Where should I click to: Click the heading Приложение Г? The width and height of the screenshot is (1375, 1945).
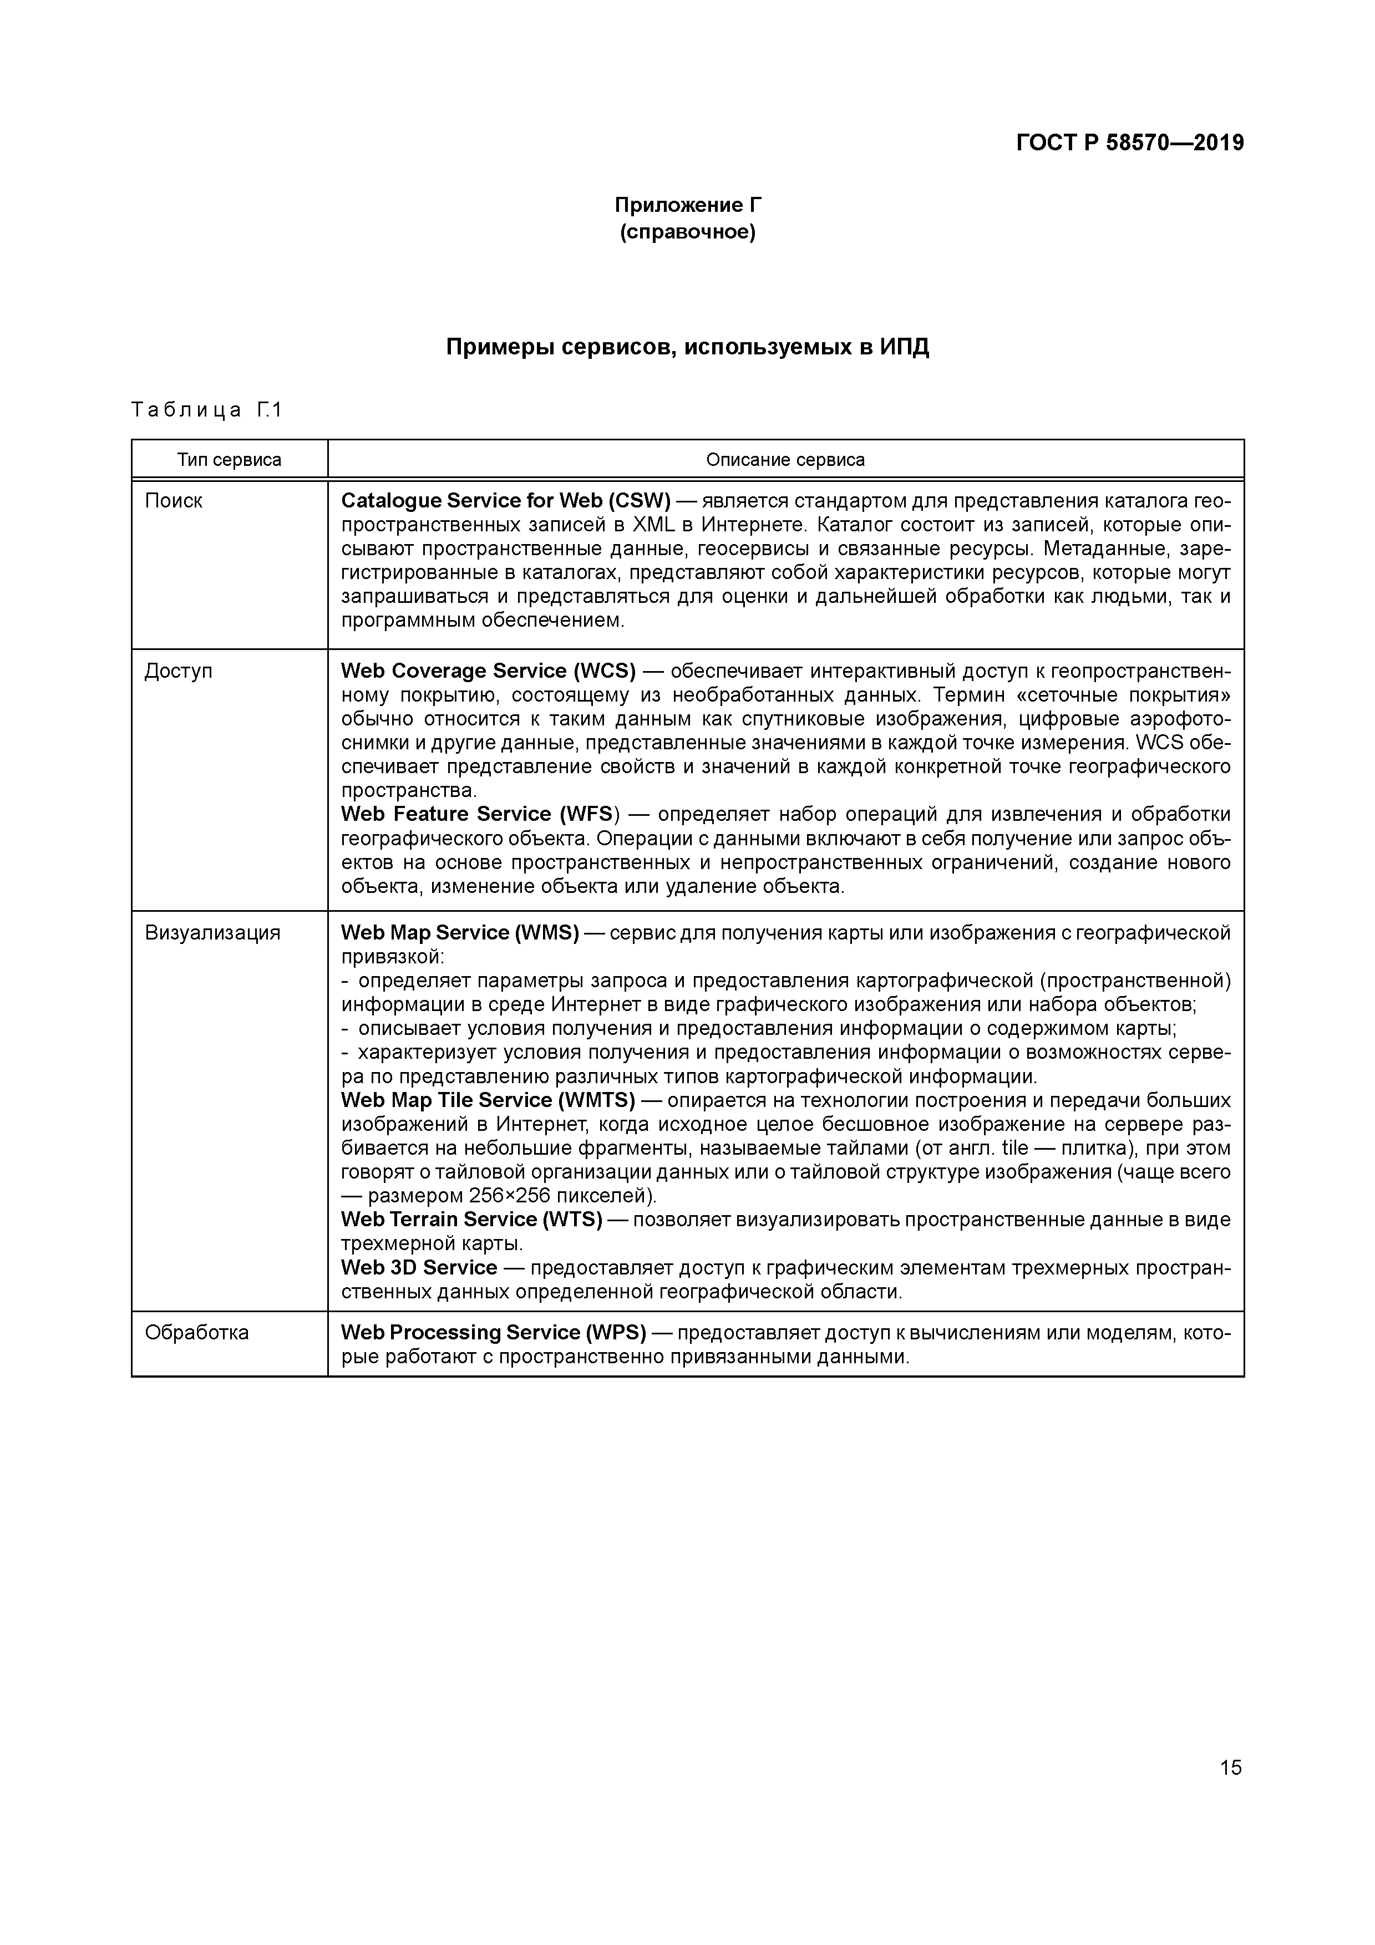[687, 205]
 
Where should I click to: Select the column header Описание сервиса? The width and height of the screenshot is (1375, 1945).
[785, 460]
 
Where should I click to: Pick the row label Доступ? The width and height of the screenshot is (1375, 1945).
[178, 671]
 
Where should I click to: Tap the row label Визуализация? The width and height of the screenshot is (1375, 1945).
[212, 933]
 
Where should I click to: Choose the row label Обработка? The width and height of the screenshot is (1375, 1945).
[196, 1333]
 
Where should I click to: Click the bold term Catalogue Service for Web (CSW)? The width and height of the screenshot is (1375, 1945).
[505, 501]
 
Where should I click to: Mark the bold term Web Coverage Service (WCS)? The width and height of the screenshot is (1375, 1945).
[488, 671]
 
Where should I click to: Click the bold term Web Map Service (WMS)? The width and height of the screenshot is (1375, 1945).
[459, 933]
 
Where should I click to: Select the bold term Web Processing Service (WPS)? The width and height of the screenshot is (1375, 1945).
[493, 1333]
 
